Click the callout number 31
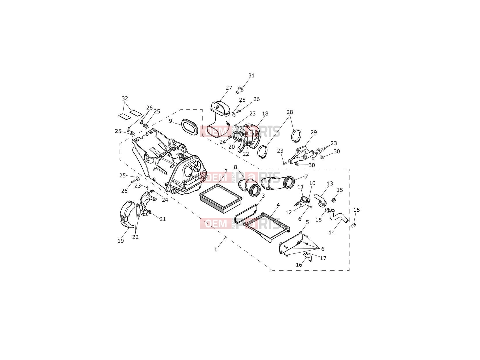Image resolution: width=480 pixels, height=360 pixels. pos(251,75)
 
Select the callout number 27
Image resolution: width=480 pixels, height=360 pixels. pos(229,88)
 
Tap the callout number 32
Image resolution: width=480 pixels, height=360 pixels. pos(125,98)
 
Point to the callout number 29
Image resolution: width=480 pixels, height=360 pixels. pos(313,132)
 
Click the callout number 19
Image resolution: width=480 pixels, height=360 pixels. pos(121,241)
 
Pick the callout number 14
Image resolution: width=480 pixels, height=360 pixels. pos(332,232)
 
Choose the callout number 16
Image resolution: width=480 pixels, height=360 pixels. pos(299,265)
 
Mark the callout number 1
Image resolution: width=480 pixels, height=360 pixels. pos(216,249)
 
